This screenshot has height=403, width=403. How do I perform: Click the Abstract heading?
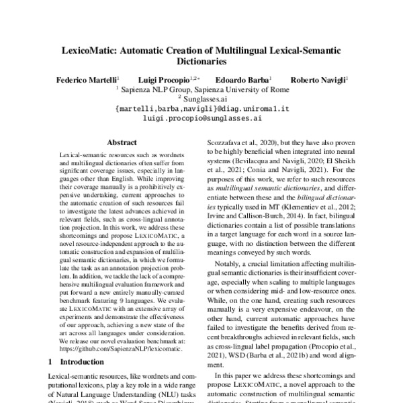(x=122, y=142)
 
